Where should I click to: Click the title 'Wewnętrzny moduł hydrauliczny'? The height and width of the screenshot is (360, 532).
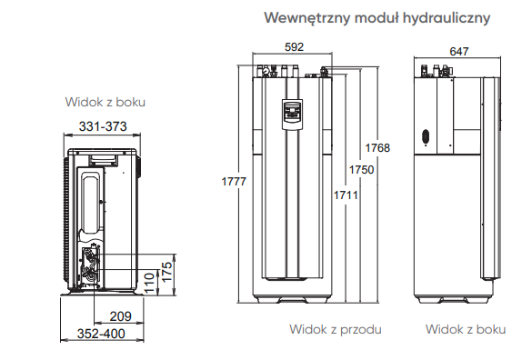click(377, 17)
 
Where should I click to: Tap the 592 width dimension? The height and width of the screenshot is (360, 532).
click(294, 47)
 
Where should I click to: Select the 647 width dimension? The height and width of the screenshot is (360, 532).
click(458, 51)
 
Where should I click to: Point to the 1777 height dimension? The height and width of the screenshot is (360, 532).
click(234, 181)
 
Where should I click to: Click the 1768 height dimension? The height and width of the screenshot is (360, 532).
click(377, 148)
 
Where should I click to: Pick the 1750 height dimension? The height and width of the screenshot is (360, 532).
click(361, 170)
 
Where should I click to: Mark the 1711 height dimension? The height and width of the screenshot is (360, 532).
click(346, 195)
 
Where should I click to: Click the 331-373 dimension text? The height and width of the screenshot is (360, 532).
click(103, 126)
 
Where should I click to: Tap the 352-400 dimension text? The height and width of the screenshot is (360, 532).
click(101, 334)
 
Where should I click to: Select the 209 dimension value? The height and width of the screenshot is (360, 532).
click(120, 316)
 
